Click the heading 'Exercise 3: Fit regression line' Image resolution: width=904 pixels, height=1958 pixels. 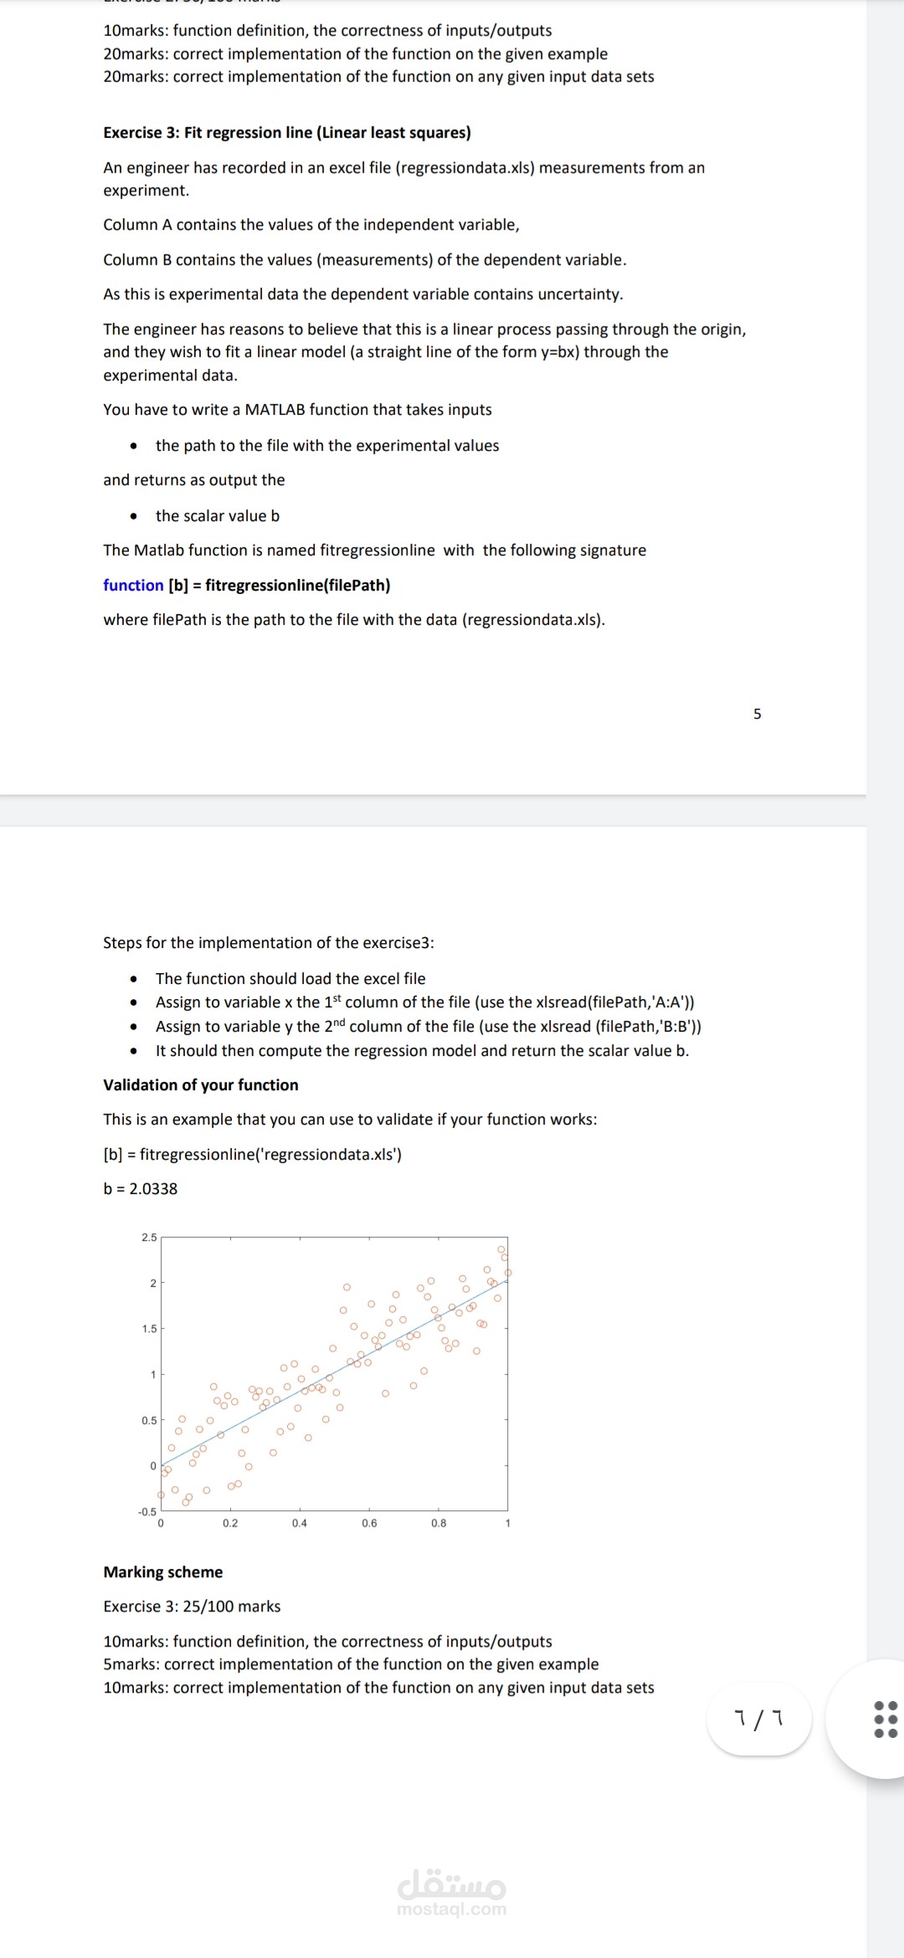click(287, 133)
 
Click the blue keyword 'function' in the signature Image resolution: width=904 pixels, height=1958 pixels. click(133, 585)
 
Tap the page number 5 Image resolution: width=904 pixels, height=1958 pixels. click(758, 714)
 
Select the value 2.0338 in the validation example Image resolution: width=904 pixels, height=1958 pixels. click(153, 1189)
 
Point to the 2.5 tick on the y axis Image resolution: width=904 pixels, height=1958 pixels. click(149, 1238)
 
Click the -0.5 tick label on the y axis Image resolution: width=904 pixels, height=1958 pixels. click(147, 1511)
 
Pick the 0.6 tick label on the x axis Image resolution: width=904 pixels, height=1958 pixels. click(369, 1523)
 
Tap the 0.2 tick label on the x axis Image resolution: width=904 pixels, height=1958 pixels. click(230, 1523)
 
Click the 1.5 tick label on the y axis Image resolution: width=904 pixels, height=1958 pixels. click(149, 1329)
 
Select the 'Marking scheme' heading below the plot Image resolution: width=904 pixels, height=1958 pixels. click(163, 1572)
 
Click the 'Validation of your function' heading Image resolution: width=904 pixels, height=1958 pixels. click(201, 1085)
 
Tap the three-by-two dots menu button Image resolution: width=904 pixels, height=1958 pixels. click(886, 1719)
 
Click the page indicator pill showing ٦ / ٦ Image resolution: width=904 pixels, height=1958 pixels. click(759, 1720)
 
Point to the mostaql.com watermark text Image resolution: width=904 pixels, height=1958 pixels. click(452, 1909)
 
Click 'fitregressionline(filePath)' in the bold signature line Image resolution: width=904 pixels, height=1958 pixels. click(298, 585)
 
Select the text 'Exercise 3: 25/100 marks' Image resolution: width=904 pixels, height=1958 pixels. click(192, 1607)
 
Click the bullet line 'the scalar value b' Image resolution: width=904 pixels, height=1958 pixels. click(218, 516)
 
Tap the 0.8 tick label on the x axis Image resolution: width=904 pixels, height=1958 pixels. click(439, 1523)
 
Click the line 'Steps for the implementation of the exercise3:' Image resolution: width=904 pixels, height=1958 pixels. click(269, 943)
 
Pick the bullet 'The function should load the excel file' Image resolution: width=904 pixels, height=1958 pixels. click(290, 979)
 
